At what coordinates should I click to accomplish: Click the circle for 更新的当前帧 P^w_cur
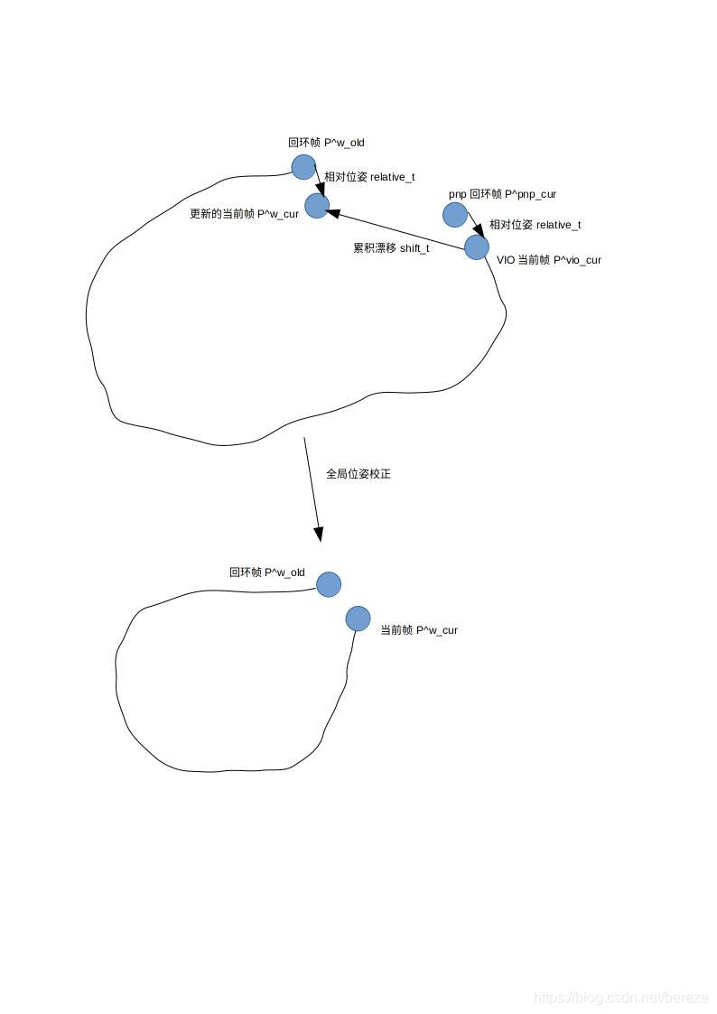click(316, 206)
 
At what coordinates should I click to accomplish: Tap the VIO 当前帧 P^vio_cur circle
click(477, 247)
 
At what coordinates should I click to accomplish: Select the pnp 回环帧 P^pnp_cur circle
click(455, 215)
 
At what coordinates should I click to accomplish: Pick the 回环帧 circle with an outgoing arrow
click(303, 167)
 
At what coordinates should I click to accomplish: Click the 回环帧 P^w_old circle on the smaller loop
click(329, 584)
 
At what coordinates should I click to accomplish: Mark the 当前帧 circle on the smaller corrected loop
click(358, 619)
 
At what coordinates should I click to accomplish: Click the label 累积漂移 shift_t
click(391, 247)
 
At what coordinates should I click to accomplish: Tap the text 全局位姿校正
click(358, 474)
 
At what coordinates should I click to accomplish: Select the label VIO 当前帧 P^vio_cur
click(549, 260)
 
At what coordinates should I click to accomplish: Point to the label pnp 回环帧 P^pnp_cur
click(502, 194)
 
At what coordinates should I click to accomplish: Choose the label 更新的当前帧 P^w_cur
click(244, 214)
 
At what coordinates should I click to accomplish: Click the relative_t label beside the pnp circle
click(535, 225)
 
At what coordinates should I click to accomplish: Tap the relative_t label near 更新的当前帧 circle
click(369, 177)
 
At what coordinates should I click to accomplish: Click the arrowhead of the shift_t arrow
click(331, 213)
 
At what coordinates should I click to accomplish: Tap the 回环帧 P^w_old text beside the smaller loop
click(267, 572)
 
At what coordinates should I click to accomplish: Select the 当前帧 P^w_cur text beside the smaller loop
click(419, 630)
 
